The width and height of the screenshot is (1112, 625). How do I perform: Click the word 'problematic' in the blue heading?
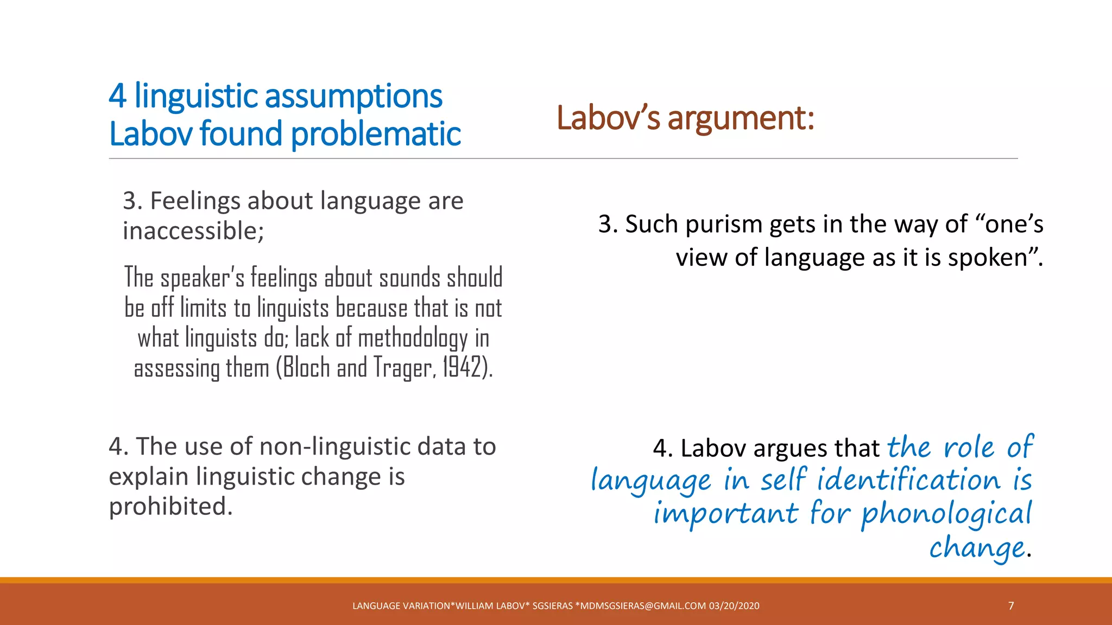[376, 134]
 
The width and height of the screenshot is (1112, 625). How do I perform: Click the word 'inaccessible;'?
[193, 231]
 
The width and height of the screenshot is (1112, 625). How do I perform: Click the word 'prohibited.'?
[170, 506]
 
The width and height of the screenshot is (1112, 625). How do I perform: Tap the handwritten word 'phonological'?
[946, 514]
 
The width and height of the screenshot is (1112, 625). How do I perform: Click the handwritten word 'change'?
[977, 548]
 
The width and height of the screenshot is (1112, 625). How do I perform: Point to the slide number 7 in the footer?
[1011, 605]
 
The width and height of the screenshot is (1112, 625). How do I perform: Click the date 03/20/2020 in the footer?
[734, 606]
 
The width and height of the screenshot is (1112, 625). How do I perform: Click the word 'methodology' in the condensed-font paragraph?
[413, 338]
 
